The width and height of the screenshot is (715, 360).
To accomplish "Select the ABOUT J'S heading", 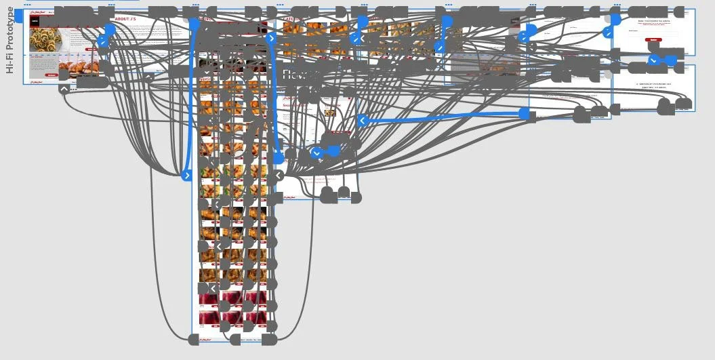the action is tap(125, 19).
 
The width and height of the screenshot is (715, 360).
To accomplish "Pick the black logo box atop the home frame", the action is tap(35, 21).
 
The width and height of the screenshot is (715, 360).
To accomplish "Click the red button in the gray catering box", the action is tap(52, 75).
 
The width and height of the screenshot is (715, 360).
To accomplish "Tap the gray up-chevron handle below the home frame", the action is tap(64, 89).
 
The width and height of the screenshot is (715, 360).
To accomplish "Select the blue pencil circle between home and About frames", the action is tap(102, 42).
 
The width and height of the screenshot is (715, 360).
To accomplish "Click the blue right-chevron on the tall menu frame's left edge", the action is tap(187, 176).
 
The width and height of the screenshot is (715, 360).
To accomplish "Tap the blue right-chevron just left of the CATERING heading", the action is tap(271, 39).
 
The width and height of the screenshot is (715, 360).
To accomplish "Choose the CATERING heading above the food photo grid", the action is tap(297, 19).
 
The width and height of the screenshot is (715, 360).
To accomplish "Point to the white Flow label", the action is tap(296, 75).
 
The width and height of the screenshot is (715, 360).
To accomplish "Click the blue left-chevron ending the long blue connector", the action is tap(362, 121).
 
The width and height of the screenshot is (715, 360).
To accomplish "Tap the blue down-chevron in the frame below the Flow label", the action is tap(316, 153).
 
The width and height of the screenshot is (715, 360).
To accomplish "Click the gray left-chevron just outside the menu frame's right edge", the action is tap(279, 176).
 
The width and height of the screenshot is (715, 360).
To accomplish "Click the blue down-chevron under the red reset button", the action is tap(654, 60).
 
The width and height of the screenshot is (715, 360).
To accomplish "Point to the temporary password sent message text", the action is tap(653, 85).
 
